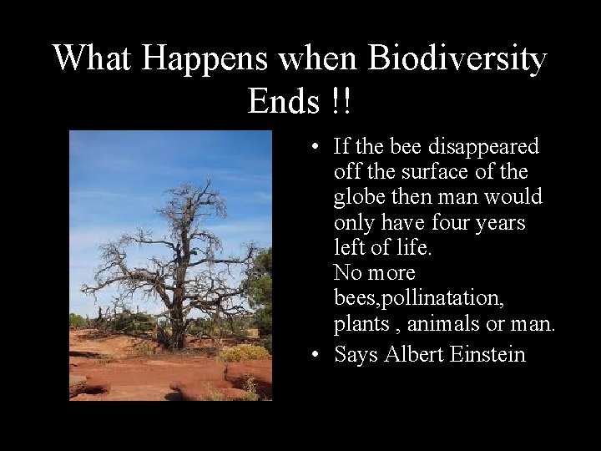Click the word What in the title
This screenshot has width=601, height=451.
tap(93, 58)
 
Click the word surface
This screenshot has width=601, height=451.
tap(422, 172)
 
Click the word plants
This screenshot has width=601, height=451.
tap(359, 323)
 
